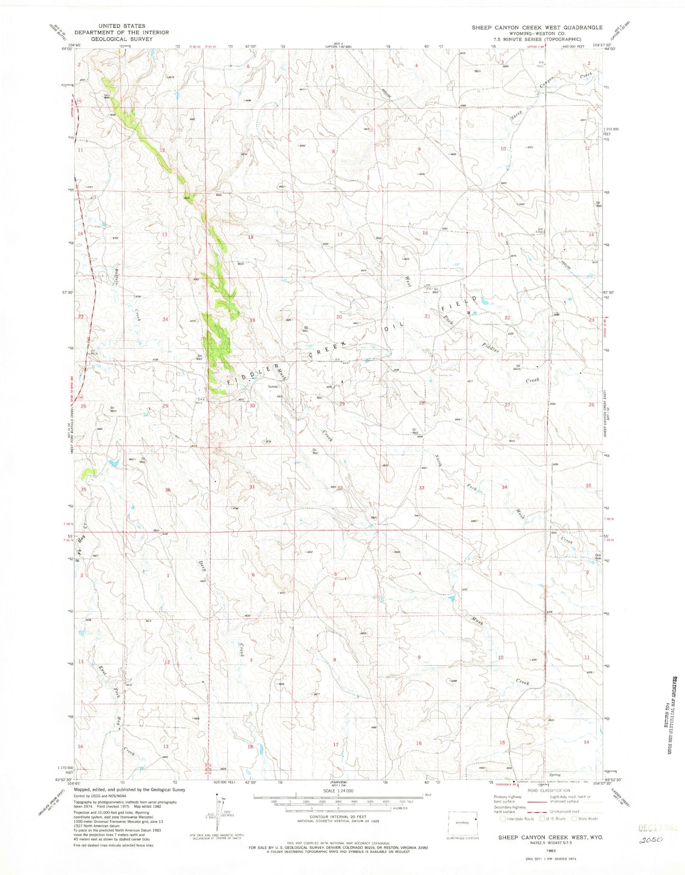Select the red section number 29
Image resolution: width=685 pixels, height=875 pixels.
[x=342, y=403]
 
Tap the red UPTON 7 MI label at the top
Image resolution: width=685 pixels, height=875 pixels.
[x=547, y=47]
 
